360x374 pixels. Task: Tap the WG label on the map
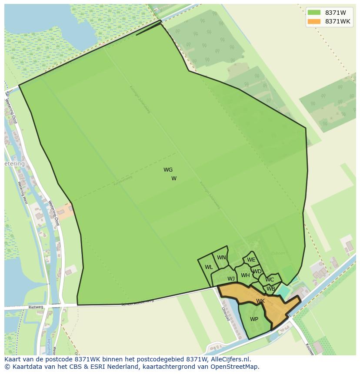tap(168, 170)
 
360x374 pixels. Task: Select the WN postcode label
tap(221, 258)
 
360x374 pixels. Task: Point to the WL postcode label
tap(209, 267)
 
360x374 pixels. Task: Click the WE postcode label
tap(251, 260)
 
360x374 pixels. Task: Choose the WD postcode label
tap(257, 271)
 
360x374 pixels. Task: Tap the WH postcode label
tap(245, 275)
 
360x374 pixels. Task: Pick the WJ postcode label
tap(231, 278)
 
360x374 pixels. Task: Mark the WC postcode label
tap(270, 280)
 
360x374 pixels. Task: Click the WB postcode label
tap(270, 288)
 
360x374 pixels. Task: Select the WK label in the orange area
tap(260, 301)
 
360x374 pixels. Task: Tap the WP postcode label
tap(254, 319)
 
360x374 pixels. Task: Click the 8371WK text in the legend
tap(337, 21)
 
